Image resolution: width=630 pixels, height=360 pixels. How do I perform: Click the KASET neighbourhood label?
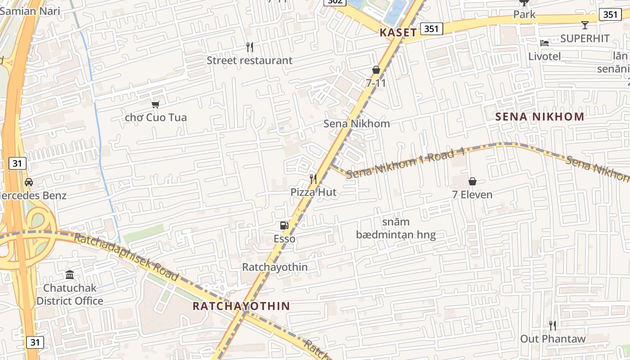pos(398,32)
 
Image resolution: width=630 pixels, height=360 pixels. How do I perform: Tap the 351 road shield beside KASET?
pos(432,29)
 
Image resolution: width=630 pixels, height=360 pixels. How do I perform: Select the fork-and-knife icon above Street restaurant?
pos(250,47)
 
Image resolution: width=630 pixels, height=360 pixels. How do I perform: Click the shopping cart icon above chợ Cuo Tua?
pos(156,104)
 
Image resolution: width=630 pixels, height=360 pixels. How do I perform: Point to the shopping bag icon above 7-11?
pos(376,70)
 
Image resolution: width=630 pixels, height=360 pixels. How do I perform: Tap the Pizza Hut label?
pos(313,192)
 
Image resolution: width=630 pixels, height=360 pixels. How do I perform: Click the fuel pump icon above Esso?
pos(284,225)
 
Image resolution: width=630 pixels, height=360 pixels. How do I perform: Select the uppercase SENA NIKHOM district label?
pos(540,117)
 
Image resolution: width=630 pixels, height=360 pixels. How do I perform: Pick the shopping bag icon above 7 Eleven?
pos(472,181)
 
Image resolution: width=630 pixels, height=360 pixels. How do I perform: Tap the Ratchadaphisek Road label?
pos(126,257)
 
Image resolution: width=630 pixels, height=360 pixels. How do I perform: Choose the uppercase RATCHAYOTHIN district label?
pos(241,306)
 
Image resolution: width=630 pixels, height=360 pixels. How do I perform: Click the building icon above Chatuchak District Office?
pos(70,274)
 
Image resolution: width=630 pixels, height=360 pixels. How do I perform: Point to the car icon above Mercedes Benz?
pos(29,182)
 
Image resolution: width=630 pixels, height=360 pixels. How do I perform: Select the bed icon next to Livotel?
pos(544,43)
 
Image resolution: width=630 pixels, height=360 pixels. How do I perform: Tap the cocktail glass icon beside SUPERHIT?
pos(585,25)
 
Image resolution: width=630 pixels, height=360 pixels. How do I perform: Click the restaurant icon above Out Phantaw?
pos(553,325)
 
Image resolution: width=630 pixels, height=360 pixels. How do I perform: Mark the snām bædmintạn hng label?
pos(396,229)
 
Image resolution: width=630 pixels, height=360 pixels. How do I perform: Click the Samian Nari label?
pos(30,11)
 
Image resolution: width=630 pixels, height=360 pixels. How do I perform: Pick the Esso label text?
pos(284,238)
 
